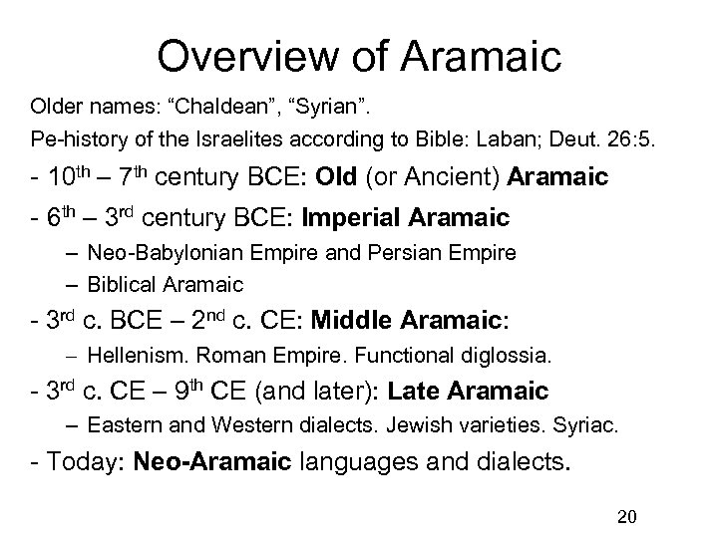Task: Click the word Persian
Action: point(423,253)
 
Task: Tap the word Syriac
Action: point(590,426)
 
